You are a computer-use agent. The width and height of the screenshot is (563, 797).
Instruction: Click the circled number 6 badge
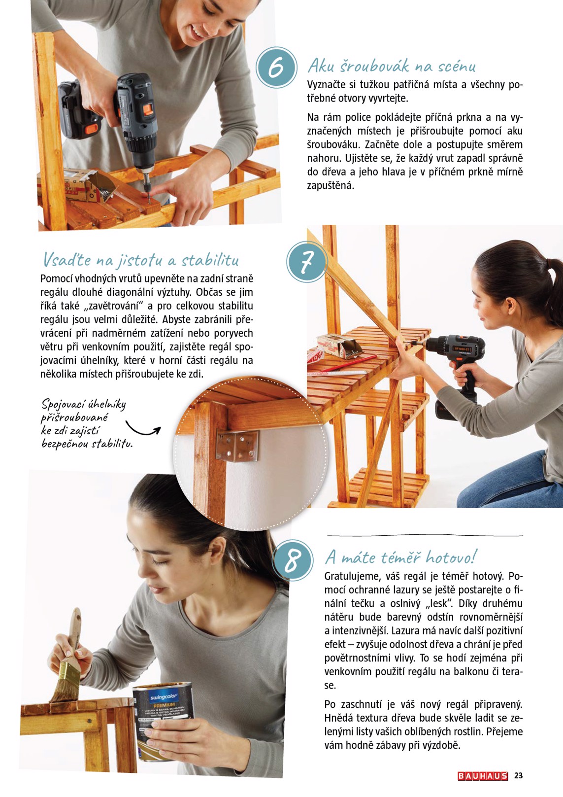tap(276, 68)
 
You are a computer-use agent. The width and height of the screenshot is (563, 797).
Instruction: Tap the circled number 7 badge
tap(306, 262)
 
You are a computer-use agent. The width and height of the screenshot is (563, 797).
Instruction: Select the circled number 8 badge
tap(293, 560)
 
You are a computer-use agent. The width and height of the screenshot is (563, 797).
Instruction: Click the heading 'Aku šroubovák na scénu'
tap(392, 66)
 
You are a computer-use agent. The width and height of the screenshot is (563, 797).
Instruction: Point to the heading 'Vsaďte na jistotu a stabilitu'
tap(141, 259)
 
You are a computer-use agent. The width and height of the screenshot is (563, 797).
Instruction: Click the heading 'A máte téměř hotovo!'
tap(400, 557)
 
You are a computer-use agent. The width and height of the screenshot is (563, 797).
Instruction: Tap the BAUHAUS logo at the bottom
tap(482, 776)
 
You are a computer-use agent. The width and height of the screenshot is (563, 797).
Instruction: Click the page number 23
tap(518, 776)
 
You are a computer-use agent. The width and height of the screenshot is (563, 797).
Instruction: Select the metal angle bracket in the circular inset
tap(237, 445)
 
